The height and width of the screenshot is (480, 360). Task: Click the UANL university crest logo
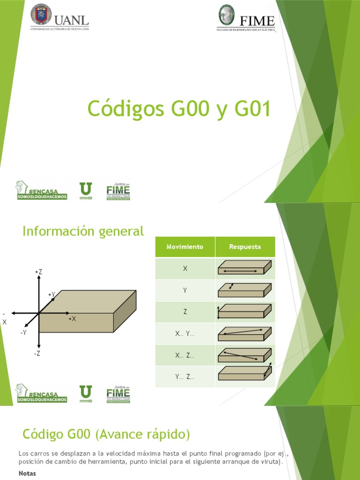pyautogui.click(x=41, y=15)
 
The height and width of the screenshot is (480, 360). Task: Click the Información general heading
pyautogui.click(x=83, y=231)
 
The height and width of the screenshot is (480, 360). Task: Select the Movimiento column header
pyautogui.click(x=185, y=247)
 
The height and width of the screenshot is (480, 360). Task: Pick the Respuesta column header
pyautogui.click(x=245, y=247)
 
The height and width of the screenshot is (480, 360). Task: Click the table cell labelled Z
pyautogui.click(x=185, y=312)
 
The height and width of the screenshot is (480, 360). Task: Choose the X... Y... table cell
pyautogui.click(x=185, y=334)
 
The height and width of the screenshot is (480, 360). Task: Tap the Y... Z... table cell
pyautogui.click(x=185, y=376)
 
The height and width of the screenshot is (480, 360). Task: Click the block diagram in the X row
pyautogui.click(x=245, y=268)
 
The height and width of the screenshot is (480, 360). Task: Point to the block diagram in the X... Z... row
pyautogui.click(x=245, y=355)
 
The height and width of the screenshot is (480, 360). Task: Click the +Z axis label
pyautogui.click(x=38, y=272)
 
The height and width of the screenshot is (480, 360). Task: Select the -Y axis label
pyautogui.click(x=23, y=332)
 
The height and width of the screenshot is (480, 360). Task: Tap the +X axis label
pyautogui.click(x=72, y=319)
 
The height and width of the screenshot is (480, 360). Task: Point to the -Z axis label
pyautogui.click(x=37, y=353)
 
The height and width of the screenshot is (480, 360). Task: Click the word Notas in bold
pyautogui.click(x=27, y=473)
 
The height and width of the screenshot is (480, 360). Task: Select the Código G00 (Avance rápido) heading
pyautogui.click(x=106, y=435)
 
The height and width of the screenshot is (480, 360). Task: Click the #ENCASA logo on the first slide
pyautogui.click(x=41, y=190)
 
